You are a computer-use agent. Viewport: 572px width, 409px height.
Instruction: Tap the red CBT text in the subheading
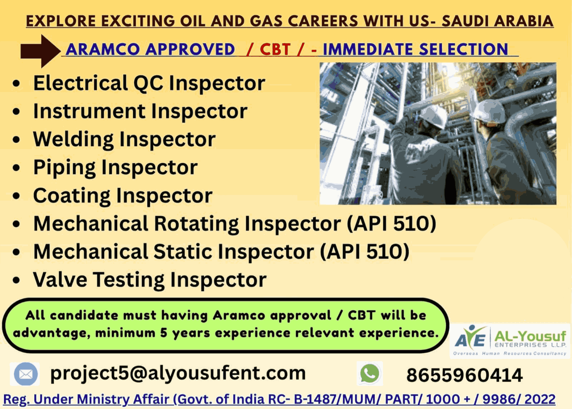click(275, 49)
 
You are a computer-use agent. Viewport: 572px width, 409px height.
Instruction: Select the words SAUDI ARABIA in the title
click(498, 21)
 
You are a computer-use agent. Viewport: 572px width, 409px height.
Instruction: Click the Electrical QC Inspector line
click(149, 83)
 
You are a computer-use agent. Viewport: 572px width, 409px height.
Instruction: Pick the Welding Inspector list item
click(124, 139)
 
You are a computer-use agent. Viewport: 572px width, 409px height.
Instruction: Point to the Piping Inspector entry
click(116, 167)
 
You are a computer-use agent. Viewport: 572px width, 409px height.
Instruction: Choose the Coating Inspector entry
click(123, 196)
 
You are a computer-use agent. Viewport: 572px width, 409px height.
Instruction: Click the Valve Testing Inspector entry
click(150, 280)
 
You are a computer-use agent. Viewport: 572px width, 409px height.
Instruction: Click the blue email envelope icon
click(26, 374)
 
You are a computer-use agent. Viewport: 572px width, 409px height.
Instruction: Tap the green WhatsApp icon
click(369, 373)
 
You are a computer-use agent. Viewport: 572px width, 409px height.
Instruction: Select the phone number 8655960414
click(464, 375)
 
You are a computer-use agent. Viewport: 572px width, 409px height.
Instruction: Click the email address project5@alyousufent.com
click(178, 373)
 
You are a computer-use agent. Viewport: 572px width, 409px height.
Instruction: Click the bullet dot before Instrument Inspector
click(16, 111)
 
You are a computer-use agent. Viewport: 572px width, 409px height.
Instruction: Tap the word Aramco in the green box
click(239, 315)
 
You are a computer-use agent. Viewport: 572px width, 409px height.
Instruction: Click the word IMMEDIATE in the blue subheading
click(368, 49)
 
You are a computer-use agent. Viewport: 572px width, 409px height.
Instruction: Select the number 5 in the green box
click(164, 333)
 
